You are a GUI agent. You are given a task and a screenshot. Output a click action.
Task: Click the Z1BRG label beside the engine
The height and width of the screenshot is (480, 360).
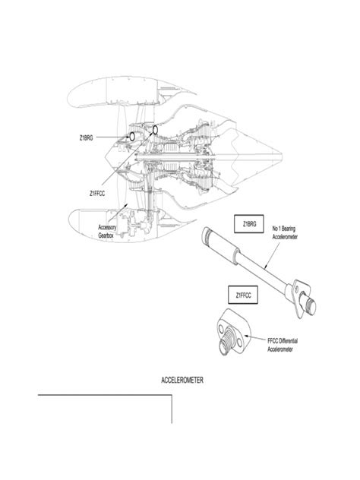(x=86, y=138)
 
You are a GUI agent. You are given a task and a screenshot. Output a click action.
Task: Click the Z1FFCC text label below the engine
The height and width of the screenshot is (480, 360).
(x=97, y=194)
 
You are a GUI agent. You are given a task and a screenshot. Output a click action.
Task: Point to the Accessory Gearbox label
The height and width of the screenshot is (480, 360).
(x=107, y=232)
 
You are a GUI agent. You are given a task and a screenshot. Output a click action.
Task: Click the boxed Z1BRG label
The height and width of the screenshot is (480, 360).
(x=249, y=224)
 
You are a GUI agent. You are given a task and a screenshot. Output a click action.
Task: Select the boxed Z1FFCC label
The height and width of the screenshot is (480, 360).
(x=243, y=295)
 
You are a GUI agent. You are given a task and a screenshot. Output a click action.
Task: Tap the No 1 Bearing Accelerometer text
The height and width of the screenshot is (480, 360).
(x=285, y=232)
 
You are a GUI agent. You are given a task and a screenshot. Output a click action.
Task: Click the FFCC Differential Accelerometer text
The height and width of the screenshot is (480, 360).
(x=283, y=345)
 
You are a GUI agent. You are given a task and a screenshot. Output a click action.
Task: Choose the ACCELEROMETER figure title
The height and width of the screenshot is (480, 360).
(x=182, y=381)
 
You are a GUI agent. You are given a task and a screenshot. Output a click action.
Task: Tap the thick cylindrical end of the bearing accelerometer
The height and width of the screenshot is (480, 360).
(x=219, y=245)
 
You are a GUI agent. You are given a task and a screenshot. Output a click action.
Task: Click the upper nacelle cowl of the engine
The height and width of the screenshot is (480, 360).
(x=128, y=91)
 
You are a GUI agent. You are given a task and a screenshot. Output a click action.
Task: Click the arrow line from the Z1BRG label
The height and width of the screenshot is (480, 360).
(x=112, y=137)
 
